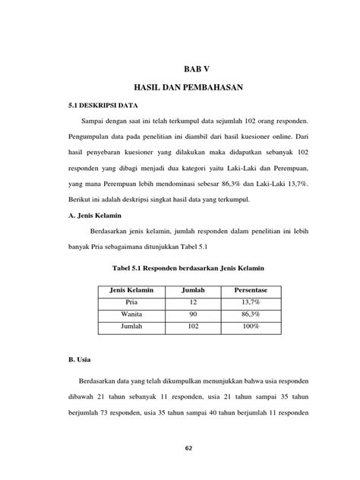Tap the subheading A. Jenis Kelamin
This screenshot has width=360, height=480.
(91, 215)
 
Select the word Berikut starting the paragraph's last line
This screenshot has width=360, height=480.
(79, 199)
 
